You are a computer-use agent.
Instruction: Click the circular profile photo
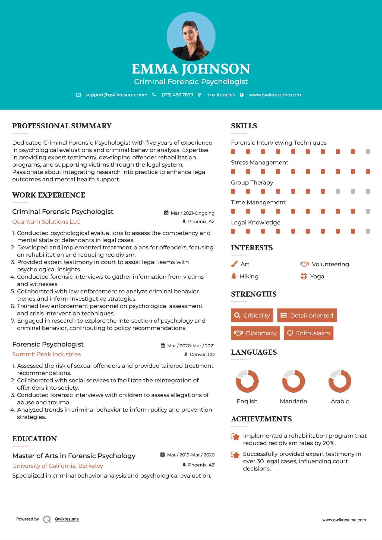191,36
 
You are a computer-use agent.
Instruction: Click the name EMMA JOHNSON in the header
191,69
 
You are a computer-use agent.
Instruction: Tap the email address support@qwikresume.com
116,95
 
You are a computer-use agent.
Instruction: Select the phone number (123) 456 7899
177,95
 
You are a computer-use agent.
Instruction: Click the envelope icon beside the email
78,95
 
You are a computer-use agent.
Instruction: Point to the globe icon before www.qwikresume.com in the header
242,95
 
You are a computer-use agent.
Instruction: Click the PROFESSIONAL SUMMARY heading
62,126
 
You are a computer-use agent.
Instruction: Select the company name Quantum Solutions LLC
46,221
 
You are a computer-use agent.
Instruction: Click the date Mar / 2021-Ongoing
192,213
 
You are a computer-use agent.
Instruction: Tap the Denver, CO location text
202,354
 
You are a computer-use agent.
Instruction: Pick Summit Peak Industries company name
46,354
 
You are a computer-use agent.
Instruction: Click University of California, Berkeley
58,466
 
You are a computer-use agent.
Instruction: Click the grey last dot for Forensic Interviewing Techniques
368,151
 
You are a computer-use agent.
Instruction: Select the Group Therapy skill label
252,182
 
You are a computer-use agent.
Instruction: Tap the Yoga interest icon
304,276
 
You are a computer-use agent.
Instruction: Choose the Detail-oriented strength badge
307,315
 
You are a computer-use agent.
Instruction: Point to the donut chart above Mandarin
293,381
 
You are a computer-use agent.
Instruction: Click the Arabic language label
340,401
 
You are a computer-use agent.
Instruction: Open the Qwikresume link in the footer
67,519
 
